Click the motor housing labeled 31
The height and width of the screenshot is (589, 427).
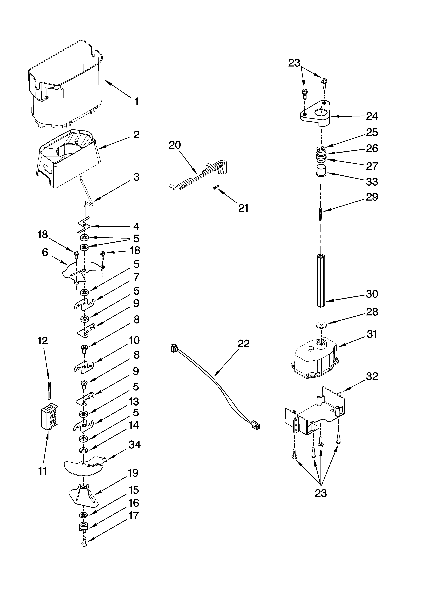[x=315, y=361]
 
